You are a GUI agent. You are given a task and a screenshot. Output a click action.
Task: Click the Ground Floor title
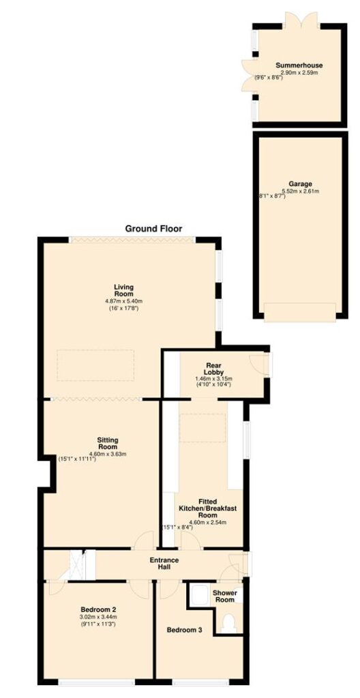(x=153, y=229)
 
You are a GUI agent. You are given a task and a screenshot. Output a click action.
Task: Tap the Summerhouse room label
(x=299, y=65)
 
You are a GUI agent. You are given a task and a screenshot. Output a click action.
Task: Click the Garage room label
(x=299, y=183)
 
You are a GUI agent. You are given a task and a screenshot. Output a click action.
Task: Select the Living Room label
(x=123, y=290)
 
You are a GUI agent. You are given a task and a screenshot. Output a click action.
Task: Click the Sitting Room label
(x=107, y=443)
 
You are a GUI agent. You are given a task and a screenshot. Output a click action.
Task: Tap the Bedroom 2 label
(x=98, y=609)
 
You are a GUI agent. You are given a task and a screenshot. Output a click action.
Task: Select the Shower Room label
(x=224, y=596)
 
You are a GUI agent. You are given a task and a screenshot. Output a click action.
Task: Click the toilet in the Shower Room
(x=229, y=623)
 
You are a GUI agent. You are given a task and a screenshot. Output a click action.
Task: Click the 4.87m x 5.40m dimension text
(x=123, y=301)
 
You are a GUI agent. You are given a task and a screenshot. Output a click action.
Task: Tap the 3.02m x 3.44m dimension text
(x=98, y=616)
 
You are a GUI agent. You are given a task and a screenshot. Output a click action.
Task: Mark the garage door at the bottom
(x=300, y=312)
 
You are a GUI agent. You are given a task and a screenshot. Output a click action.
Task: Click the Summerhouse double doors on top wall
(x=301, y=20)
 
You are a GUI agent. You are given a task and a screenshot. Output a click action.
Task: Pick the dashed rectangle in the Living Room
(x=95, y=365)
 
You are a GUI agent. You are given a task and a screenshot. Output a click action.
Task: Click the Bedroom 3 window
(x=200, y=682)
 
